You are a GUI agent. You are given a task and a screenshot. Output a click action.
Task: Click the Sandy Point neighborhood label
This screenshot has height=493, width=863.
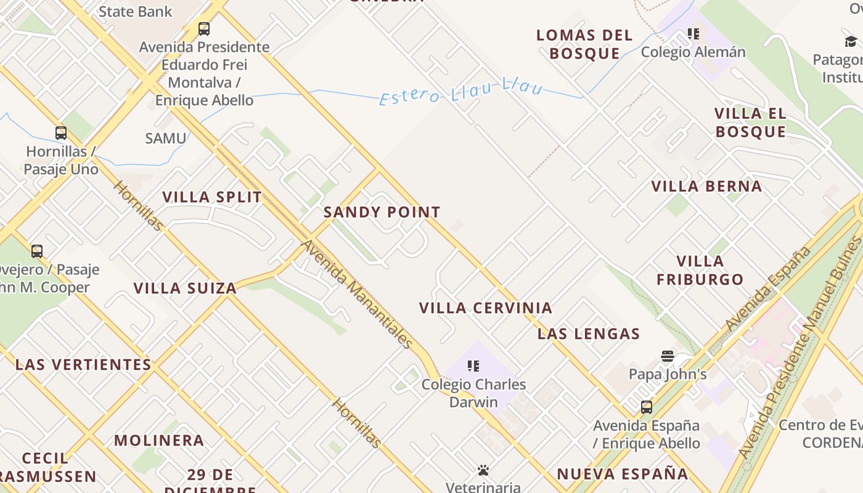[x=382, y=213]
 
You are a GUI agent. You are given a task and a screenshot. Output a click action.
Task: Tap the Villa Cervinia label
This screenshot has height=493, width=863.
[x=486, y=308]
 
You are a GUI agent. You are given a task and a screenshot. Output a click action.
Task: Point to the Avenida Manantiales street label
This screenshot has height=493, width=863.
[x=357, y=295]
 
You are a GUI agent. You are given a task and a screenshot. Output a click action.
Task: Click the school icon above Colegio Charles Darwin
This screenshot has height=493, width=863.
[x=473, y=366]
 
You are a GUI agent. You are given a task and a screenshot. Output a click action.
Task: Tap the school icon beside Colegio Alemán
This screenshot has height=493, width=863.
[x=693, y=34]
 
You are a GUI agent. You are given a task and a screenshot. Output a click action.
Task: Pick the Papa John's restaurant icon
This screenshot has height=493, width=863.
[x=668, y=356]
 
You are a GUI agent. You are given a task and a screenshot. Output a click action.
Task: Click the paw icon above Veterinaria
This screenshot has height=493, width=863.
[x=483, y=471]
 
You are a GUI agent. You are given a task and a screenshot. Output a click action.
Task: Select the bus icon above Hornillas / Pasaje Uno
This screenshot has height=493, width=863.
[x=60, y=133]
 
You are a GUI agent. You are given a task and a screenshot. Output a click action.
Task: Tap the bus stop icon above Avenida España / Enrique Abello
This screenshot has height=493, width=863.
[x=646, y=407]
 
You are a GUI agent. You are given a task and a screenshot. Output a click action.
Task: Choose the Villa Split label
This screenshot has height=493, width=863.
[x=212, y=197]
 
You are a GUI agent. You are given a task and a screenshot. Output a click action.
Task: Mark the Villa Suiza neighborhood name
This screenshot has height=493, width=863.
[x=185, y=288]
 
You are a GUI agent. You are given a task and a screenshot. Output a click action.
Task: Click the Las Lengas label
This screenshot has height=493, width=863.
[x=589, y=334]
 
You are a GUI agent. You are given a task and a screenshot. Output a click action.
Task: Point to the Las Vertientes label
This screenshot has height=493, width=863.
[x=83, y=365]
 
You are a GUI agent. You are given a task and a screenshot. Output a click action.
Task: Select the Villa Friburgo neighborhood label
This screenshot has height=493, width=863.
[x=700, y=270]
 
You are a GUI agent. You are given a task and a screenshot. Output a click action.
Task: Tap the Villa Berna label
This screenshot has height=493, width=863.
[x=706, y=187]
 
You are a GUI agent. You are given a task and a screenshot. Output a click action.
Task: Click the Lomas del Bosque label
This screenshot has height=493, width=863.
[x=584, y=44]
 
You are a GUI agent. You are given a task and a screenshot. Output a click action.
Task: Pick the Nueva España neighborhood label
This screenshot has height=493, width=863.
[x=622, y=474]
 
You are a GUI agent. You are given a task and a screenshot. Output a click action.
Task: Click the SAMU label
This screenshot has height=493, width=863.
[x=165, y=139]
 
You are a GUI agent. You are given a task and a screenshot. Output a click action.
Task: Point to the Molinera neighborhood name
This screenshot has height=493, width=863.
[x=159, y=441]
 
